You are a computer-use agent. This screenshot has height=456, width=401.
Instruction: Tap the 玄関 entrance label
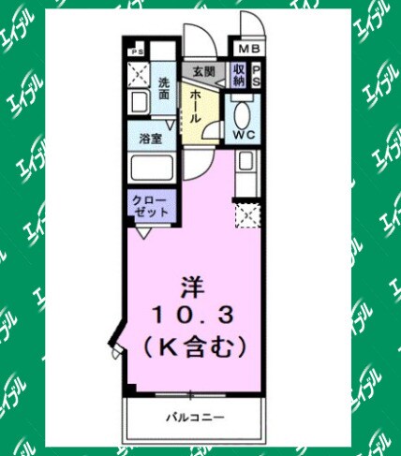(203, 71)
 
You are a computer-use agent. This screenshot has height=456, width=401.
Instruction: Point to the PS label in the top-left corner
(138, 52)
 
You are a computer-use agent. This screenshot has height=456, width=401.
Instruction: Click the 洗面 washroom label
(164, 87)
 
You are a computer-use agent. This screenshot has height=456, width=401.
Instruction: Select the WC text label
(245, 134)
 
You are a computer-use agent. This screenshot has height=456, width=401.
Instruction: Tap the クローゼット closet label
(150, 207)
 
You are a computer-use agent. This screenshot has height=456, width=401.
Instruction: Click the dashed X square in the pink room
(246, 215)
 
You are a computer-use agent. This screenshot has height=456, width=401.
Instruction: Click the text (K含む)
(193, 346)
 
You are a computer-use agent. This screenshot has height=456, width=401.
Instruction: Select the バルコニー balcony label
(193, 415)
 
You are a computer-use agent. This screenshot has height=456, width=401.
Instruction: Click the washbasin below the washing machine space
(141, 102)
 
